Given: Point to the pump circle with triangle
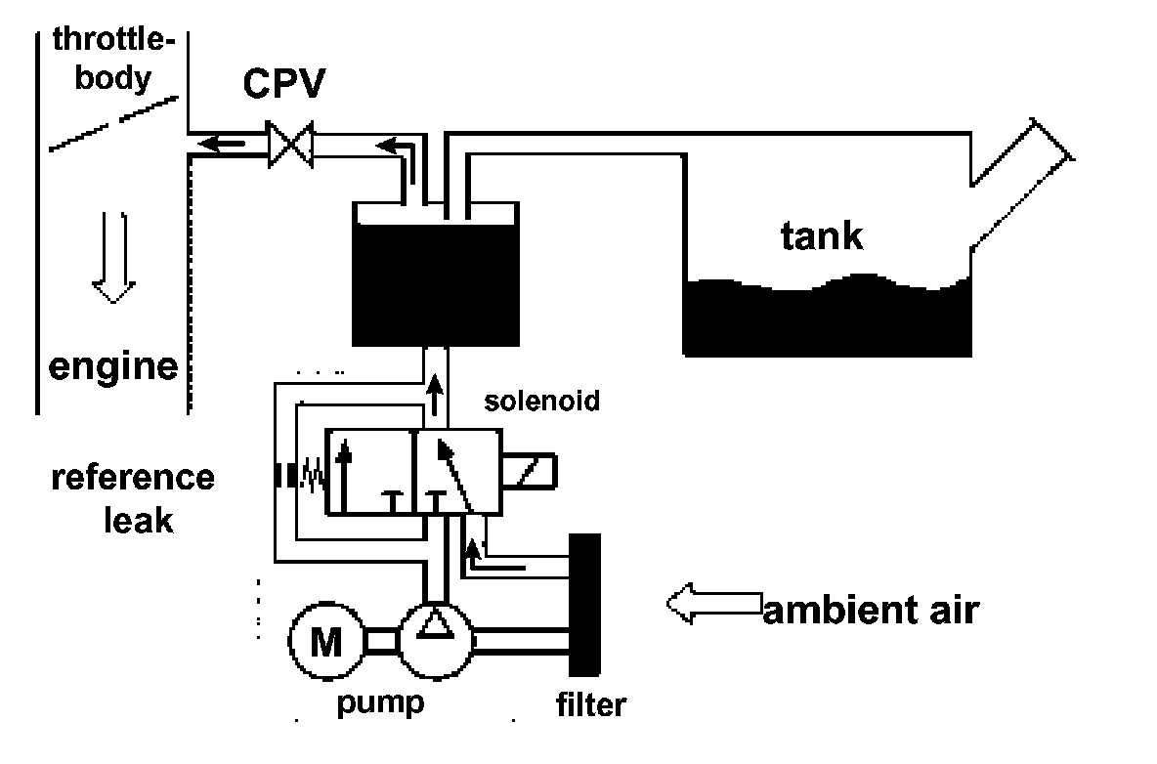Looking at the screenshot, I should coord(436,640).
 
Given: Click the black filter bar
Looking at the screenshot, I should coord(584,605).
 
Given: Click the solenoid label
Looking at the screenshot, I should coord(541,401).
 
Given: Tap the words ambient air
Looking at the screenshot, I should coord(870,611).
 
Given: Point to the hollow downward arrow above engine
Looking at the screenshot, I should coord(114,259).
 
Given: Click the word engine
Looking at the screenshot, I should coord(113,366).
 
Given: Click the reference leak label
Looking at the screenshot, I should coord(132,498).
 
